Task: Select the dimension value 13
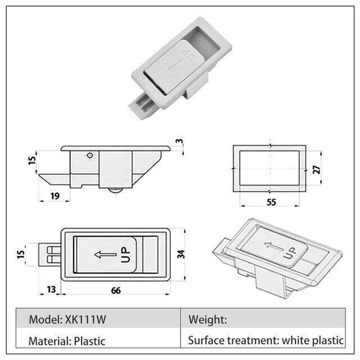click(x=51, y=290)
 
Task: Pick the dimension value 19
click(x=55, y=196)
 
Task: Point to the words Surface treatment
click(x=226, y=340)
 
